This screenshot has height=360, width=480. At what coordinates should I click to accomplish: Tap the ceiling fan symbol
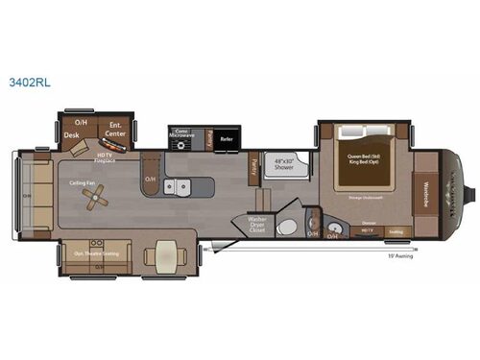[96, 196]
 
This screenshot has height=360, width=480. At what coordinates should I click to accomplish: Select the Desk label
[71, 135]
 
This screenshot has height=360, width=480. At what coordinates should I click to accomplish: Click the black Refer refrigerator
[227, 139]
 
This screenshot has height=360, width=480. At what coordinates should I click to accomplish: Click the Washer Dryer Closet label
[257, 224]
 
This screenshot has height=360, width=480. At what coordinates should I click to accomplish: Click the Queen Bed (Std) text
[361, 153]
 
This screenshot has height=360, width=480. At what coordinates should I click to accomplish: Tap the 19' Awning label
[398, 256]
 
